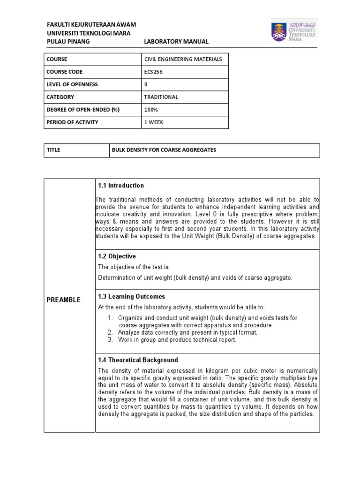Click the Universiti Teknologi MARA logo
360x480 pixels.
(294, 31)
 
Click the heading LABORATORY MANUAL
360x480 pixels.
(176, 42)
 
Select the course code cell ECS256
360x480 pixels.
(153, 72)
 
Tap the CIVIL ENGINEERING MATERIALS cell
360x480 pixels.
(180, 59)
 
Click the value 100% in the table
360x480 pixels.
(152, 110)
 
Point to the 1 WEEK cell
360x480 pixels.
(155, 122)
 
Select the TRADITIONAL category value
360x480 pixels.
(162, 97)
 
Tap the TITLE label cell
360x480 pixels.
(53, 150)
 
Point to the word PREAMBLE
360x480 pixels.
(63, 300)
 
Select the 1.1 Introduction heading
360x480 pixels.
(121, 186)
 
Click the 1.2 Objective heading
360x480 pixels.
(117, 256)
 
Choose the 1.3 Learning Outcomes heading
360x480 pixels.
(131, 297)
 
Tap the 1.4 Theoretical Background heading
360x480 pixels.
(138, 360)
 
